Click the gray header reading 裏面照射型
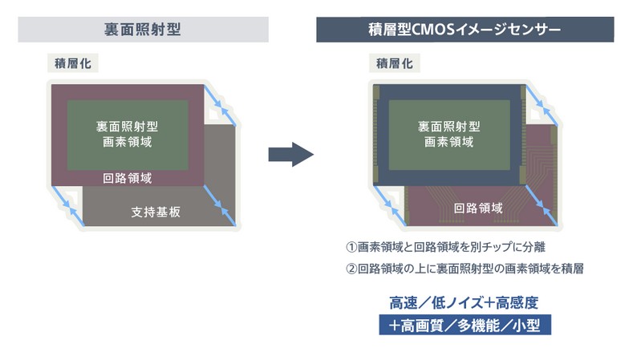tap(143, 30)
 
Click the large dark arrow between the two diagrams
tap(290, 153)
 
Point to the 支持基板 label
tap(155, 212)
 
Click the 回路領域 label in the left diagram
tap(128, 178)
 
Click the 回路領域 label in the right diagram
tap(478, 208)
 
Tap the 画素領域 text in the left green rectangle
tap(128, 142)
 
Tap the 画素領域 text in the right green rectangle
tap(448, 142)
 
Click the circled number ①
tap(351, 246)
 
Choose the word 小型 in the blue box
tap(531, 326)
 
